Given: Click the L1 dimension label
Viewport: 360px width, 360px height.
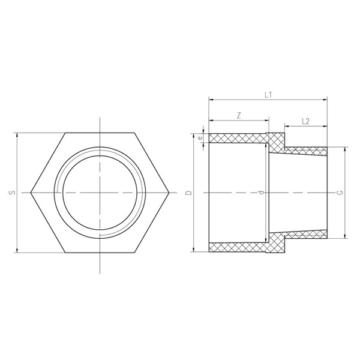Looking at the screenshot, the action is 268,95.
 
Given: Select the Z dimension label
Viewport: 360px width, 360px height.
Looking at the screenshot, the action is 239,115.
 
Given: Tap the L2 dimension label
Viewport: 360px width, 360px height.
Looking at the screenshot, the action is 305,121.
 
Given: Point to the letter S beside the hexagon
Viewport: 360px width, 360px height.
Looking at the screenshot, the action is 13,192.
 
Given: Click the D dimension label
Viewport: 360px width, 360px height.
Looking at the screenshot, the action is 189,193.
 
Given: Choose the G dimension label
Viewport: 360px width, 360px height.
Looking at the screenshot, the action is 341,193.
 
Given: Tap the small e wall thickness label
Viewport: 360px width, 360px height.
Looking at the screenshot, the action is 200,138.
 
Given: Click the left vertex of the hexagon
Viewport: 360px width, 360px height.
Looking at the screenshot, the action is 31,193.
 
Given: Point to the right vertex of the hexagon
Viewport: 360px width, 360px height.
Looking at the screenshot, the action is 169,193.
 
